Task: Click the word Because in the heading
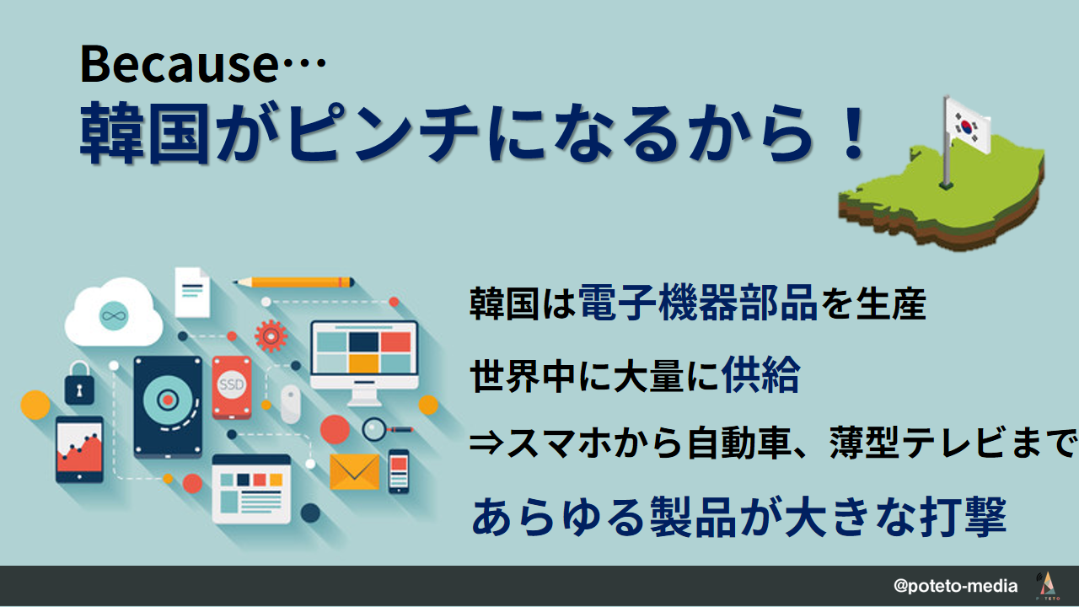(179, 64)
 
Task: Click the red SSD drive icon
(232, 387)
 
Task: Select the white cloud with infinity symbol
(114, 312)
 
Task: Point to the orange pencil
(294, 282)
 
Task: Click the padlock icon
(79, 383)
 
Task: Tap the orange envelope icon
(355, 471)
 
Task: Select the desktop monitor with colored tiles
(364, 363)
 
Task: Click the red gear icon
(271, 336)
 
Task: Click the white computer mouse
(291, 404)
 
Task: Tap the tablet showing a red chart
(79, 450)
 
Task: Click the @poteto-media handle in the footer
(956, 586)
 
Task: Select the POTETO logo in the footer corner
(1047, 586)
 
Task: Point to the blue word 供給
(760, 374)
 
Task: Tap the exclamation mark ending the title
(853, 132)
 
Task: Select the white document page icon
(192, 292)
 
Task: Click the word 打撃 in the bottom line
(963, 518)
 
